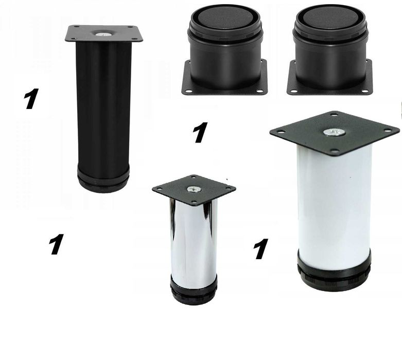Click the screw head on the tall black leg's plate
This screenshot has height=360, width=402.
[x=103, y=34]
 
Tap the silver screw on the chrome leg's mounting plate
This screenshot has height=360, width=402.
[x=193, y=189]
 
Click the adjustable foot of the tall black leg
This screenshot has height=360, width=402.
[x=103, y=179]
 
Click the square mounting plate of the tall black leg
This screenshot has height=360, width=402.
[x=104, y=33]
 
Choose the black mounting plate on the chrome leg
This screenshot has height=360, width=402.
[x=194, y=190]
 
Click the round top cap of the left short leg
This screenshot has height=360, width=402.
[x=224, y=19]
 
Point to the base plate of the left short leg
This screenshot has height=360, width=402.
[x=224, y=84]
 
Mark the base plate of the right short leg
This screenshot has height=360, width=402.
[x=330, y=84]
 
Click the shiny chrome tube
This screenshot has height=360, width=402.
[x=194, y=238]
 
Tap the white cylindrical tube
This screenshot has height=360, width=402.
[x=335, y=205]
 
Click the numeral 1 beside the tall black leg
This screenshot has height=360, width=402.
[x=31, y=98]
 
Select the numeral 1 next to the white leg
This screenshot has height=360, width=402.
[x=261, y=248]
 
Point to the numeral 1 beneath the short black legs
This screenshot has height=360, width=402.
[x=200, y=132]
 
